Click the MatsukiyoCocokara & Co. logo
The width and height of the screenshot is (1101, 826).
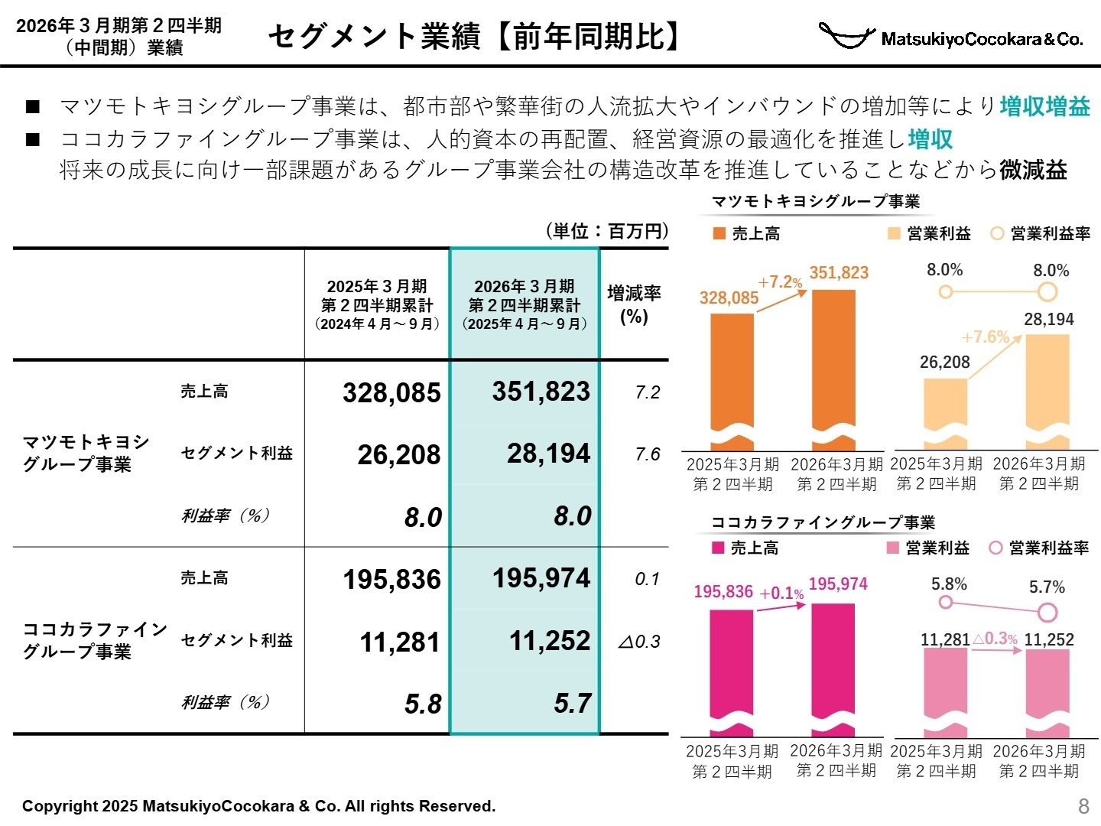point(950,36)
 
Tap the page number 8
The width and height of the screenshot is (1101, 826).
point(1083,805)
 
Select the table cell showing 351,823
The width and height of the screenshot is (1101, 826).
point(541,392)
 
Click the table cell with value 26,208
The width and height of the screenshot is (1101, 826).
point(399,454)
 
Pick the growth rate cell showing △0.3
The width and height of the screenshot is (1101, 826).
point(639,642)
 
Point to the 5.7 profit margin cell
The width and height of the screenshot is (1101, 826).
point(573,703)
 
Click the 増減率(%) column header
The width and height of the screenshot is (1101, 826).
point(634,304)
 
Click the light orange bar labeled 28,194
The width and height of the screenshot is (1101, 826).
point(1047,390)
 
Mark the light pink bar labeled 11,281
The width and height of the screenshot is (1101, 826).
point(945,685)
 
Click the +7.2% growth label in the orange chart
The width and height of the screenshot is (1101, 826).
point(780,282)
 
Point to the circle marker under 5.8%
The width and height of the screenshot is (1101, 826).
point(946,602)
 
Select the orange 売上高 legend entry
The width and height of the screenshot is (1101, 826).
point(746,234)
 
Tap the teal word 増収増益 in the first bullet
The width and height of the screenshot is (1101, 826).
point(1044,106)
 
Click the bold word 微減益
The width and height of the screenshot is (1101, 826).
point(1033,170)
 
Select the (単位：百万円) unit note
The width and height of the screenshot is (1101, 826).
point(607,231)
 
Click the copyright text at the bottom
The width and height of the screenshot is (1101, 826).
point(258,806)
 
